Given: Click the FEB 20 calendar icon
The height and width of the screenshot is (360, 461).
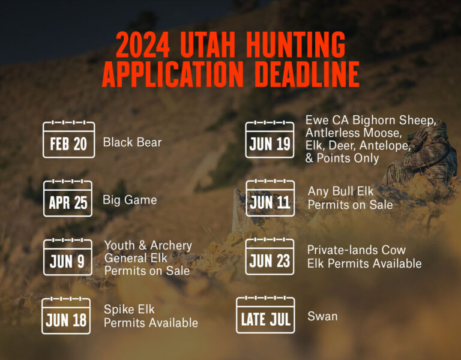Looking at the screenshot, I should click(68, 140).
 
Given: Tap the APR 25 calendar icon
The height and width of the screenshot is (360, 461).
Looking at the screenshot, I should click(68, 199).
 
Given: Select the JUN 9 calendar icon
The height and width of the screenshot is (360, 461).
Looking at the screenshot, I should click(68, 257).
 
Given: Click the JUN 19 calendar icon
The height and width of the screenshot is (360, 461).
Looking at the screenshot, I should click(270, 140).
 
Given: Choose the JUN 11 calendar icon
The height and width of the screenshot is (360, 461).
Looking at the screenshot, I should click(270, 199).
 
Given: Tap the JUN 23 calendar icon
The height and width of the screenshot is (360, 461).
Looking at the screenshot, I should click(270, 257).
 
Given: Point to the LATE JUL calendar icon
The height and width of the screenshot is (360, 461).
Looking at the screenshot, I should click(265, 316).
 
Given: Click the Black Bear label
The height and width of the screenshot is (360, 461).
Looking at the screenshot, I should click(132, 143).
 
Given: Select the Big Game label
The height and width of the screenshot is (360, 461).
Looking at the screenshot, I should click(130, 200).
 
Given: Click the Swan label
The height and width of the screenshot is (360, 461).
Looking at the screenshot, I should click(322, 316).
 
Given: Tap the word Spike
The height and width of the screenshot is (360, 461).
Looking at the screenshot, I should click(121, 310).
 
